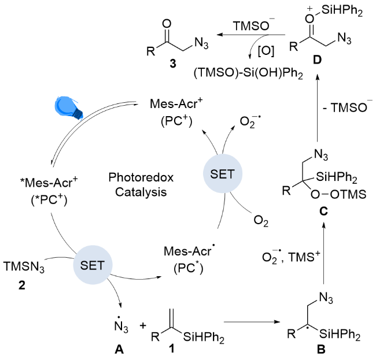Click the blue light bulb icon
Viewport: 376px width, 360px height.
68,107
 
